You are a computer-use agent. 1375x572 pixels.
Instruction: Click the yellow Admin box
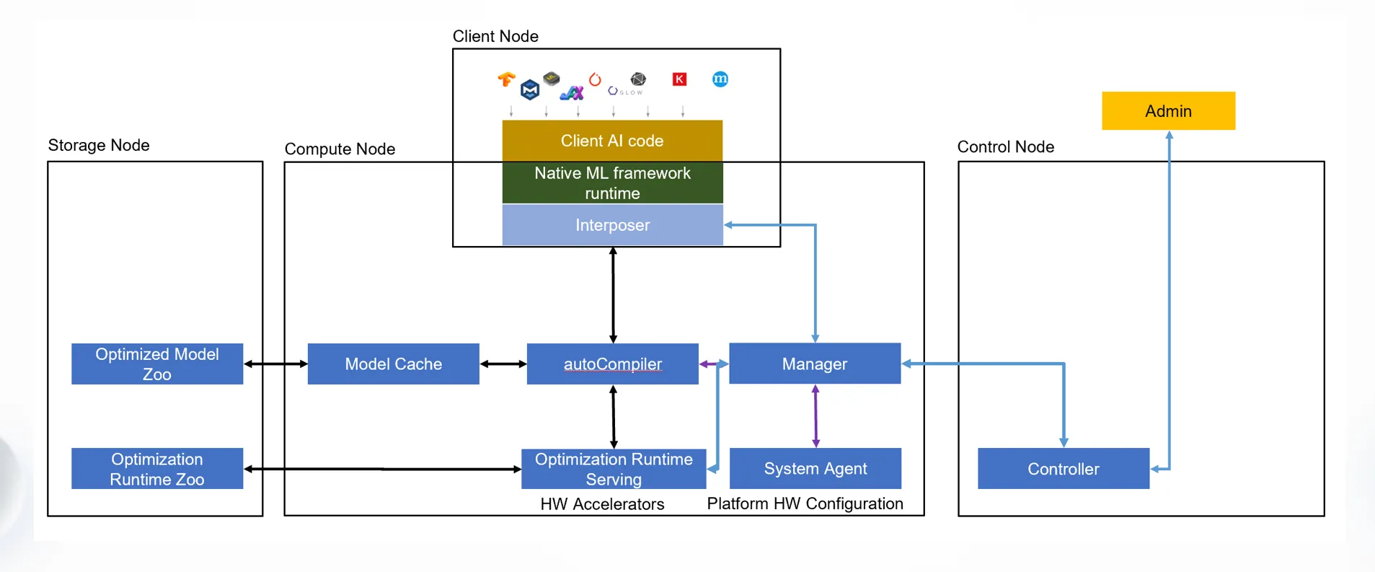(1168, 111)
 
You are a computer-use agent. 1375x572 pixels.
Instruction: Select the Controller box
(1063, 469)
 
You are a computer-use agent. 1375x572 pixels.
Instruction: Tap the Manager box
(815, 364)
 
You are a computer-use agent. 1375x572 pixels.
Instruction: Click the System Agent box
(815, 469)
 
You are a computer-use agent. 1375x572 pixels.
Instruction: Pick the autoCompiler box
(612, 364)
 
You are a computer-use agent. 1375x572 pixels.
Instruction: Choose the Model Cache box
(393, 364)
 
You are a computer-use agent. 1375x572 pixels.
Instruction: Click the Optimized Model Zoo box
(157, 364)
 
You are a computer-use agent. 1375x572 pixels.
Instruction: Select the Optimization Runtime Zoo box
(157, 469)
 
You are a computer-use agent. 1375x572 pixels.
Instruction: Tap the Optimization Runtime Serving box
(613, 469)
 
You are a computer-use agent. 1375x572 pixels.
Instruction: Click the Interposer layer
(612, 225)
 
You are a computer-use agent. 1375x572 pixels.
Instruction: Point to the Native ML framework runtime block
(612, 182)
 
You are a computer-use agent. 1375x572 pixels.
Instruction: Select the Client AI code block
(612, 141)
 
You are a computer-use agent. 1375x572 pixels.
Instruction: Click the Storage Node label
(99, 145)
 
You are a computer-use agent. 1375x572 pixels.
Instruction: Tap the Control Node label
(1005, 146)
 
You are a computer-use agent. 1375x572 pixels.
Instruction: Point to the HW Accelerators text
(602, 504)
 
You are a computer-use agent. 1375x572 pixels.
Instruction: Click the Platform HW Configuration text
(805, 503)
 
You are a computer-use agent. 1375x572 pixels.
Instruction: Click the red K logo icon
(679, 79)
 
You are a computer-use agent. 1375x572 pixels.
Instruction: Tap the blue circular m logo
(720, 79)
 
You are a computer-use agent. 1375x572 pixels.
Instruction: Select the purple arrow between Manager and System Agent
(815, 415)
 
